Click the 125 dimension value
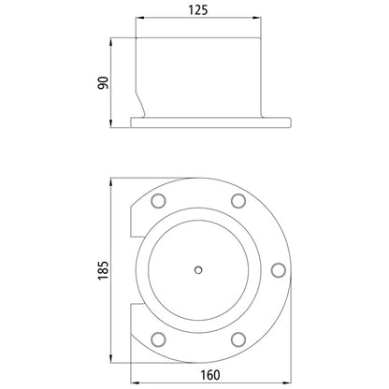[197, 10]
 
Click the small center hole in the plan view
[197, 270]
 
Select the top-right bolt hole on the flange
[238, 201]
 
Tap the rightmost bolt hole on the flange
[277, 269]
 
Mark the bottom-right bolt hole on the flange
[238, 338]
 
